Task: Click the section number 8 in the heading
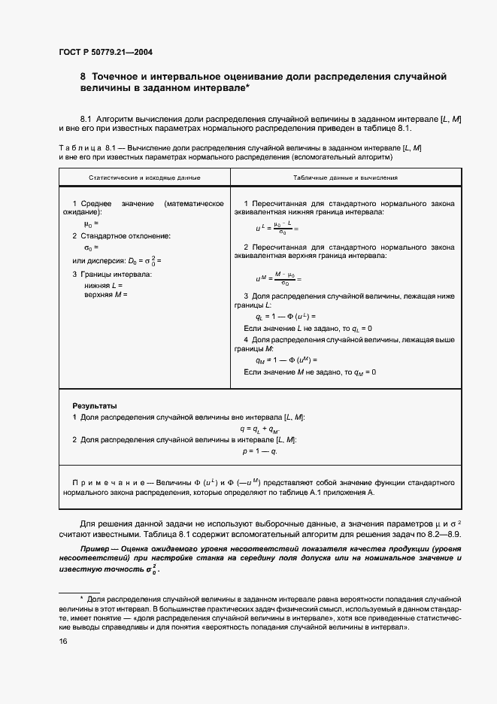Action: (83, 77)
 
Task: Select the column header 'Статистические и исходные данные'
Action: (144, 178)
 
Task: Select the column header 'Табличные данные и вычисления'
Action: (346, 178)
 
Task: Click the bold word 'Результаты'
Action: (94, 405)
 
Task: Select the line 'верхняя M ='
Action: (106, 294)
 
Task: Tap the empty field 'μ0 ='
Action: (91, 224)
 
